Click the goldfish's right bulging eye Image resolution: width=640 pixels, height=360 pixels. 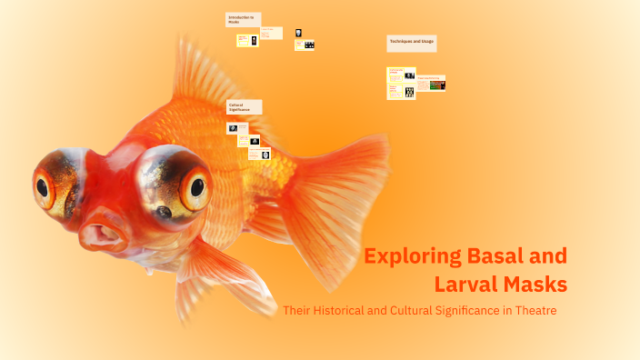coord(194,185)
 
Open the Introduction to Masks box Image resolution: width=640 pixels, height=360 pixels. coord(243,20)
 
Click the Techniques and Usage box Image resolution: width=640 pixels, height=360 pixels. coord(412,43)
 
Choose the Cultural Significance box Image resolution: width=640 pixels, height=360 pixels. coord(244,107)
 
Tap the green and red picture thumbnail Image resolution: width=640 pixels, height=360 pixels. coord(437,85)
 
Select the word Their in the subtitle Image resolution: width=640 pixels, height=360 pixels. coord(296,311)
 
